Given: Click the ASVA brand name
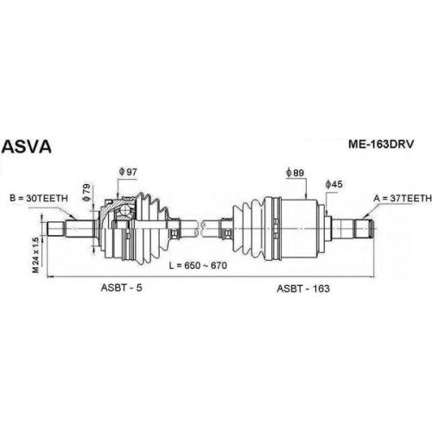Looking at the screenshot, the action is (x=27, y=147).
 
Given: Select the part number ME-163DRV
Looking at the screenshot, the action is (x=381, y=144).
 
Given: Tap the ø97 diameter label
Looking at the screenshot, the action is (x=128, y=172).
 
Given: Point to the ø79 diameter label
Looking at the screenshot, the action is (x=86, y=192).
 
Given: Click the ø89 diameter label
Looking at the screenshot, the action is (x=295, y=173).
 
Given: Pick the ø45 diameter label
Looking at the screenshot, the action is (x=334, y=184).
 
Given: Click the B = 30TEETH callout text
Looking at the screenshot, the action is (x=39, y=198).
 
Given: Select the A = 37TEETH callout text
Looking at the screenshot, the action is (x=403, y=198).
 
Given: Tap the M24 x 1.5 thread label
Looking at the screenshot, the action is (x=35, y=255).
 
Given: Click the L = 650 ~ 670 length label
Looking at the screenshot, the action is (x=198, y=265).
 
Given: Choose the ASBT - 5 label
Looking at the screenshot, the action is (x=121, y=288).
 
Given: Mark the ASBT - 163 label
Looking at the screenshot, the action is (x=303, y=289).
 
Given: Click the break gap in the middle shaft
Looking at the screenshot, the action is (x=201, y=228).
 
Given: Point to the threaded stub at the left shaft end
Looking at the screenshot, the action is (x=55, y=229).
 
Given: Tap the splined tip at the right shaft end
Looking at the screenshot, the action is (x=364, y=229).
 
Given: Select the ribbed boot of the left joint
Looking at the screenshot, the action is (x=154, y=228).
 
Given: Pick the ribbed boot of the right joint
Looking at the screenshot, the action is (x=249, y=229).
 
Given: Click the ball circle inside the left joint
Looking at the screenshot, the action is (x=125, y=210).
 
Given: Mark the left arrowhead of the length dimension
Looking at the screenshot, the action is (x=50, y=277).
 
